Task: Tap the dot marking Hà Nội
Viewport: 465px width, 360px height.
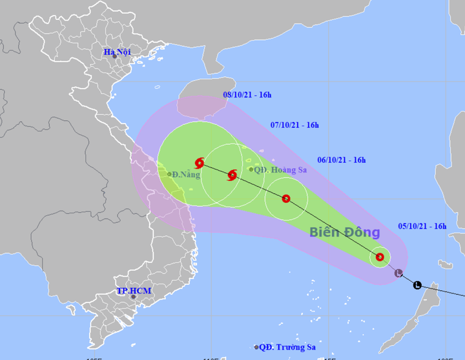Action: (x=115, y=56)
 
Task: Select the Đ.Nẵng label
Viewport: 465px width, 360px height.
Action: (x=187, y=174)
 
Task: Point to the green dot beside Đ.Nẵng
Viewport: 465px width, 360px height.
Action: (x=169, y=174)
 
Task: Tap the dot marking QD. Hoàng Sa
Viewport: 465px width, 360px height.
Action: (x=251, y=170)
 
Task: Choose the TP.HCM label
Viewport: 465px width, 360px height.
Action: (x=134, y=291)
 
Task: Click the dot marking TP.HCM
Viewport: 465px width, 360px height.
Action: (x=133, y=297)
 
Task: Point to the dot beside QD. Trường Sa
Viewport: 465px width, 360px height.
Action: (x=256, y=347)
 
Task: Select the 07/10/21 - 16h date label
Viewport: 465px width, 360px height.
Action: (x=294, y=125)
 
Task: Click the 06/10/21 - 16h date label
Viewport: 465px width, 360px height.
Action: (x=342, y=160)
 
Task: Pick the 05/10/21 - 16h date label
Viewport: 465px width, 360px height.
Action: (x=422, y=226)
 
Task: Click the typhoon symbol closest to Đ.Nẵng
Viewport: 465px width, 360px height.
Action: (x=200, y=163)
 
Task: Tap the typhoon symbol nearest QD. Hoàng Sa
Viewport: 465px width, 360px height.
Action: (x=232, y=175)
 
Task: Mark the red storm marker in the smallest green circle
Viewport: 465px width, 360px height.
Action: (x=380, y=257)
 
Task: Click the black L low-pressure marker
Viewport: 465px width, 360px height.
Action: (x=417, y=285)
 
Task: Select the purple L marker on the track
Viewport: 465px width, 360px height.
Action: (x=398, y=273)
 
